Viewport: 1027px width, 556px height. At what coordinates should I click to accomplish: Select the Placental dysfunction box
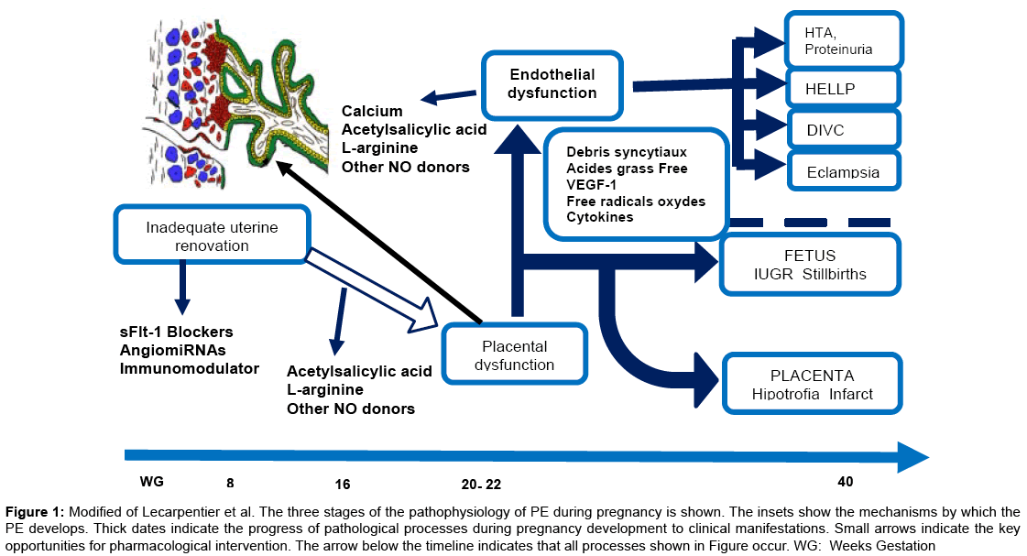(x=514, y=355)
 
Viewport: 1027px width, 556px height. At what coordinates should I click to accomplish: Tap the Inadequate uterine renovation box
(x=212, y=236)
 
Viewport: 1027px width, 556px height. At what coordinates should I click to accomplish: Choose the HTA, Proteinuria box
(x=844, y=41)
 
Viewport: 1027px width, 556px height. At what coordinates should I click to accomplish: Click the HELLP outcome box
(x=844, y=90)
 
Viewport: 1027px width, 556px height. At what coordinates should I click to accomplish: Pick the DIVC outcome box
(x=844, y=131)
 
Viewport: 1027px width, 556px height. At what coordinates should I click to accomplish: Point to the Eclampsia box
(x=844, y=172)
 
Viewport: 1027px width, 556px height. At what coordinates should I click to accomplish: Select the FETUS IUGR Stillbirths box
(x=811, y=265)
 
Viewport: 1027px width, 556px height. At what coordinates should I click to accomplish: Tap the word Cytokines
(x=600, y=217)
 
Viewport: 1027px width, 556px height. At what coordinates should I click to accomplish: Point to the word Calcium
(x=372, y=112)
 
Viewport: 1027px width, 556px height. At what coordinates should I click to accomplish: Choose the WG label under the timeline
(x=151, y=482)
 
